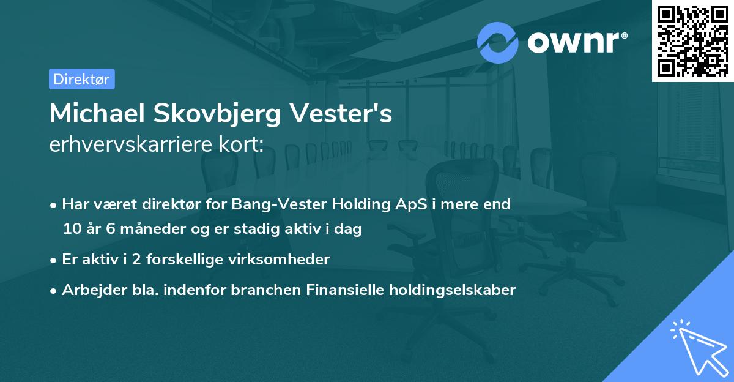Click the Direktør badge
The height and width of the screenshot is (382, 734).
click(81, 79)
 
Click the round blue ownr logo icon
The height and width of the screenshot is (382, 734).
click(498, 42)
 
